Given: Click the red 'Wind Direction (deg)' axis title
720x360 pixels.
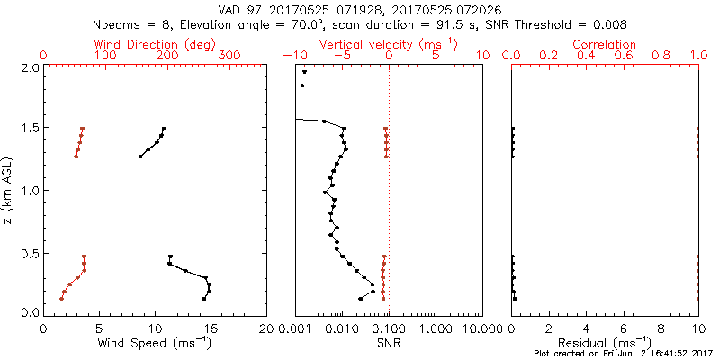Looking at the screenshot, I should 156,44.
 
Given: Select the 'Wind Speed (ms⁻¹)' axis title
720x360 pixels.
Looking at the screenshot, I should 156,343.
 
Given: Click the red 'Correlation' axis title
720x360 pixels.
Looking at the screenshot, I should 605,44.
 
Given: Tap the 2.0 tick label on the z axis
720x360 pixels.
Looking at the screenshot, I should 29,67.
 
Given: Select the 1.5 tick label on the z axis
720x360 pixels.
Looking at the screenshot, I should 29,129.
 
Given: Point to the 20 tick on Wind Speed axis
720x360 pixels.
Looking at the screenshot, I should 265,328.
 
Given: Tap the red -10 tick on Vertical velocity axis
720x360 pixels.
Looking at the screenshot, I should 290,56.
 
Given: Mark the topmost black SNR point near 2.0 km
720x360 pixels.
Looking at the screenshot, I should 304,73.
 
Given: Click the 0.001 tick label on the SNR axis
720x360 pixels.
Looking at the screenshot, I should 297,328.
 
